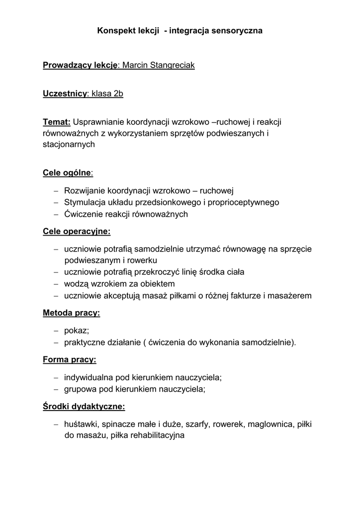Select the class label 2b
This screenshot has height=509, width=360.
(118, 93)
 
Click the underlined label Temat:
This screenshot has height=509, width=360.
(57, 122)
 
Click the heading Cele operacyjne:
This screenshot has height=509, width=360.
(77, 231)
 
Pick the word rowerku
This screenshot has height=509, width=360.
(143, 260)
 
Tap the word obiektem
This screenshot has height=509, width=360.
(157, 284)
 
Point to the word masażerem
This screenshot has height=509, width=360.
(290, 296)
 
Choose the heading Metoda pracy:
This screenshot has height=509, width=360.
(72, 313)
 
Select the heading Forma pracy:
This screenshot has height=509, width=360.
(70, 359)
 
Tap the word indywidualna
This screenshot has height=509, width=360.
(89, 377)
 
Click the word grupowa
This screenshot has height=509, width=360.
(80, 389)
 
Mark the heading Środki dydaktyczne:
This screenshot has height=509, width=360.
(84, 407)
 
